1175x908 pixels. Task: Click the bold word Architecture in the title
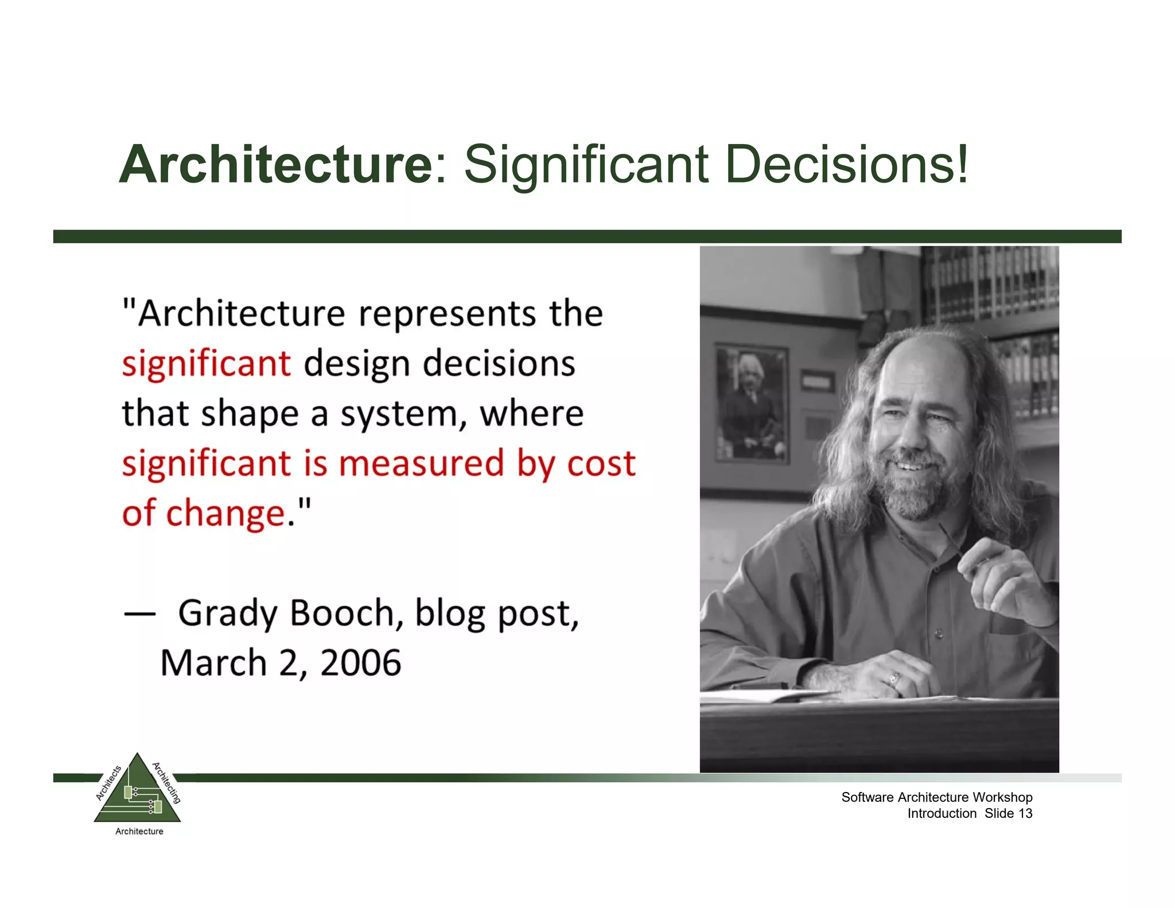(x=275, y=165)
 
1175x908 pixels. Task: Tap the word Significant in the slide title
(x=586, y=165)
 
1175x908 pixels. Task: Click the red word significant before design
(x=207, y=364)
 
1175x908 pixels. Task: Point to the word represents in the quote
(x=448, y=315)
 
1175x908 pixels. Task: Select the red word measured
(x=422, y=463)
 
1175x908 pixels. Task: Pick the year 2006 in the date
(x=360, y=663)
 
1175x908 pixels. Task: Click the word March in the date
(x=213, y=663)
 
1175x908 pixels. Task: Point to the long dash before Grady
(x=139, y=614)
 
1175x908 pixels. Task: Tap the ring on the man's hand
(x=894, y=680)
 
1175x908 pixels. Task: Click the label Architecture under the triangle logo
(x=139, y=831)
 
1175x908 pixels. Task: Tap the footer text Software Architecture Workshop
(x=936, y=797)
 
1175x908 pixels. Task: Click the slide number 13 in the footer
(x=1025, y=813)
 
